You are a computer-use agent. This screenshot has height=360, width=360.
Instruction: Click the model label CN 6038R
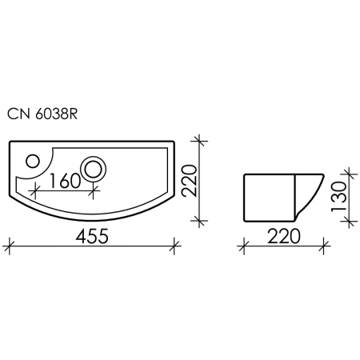coord(42,114)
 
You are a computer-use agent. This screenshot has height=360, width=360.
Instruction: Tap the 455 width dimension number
coord(92,236)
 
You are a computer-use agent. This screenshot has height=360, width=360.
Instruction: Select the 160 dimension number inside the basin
coord(65,181)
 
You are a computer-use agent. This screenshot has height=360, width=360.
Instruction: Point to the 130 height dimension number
coord(338,197)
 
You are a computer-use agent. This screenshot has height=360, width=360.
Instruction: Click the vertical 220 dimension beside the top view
coord(189,181)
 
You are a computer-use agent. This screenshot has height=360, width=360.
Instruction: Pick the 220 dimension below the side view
coord(284,236)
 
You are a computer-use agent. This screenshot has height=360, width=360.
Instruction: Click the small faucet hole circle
coord(33,161)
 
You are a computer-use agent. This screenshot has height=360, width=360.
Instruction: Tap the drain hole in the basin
coord(93,169)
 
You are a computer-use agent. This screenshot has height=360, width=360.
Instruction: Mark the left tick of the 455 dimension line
coord(10,246)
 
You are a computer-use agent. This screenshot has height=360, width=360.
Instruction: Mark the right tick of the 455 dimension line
coord(174,246)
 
